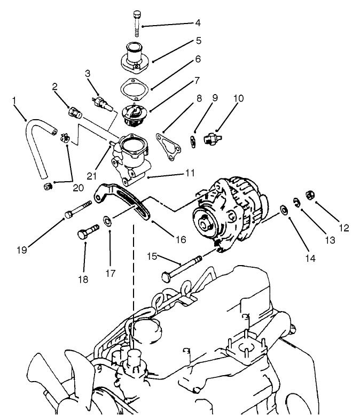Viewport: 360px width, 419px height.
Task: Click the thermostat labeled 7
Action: (x=134, y=114)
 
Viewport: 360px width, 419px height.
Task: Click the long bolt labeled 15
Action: (x=182, y=268)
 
